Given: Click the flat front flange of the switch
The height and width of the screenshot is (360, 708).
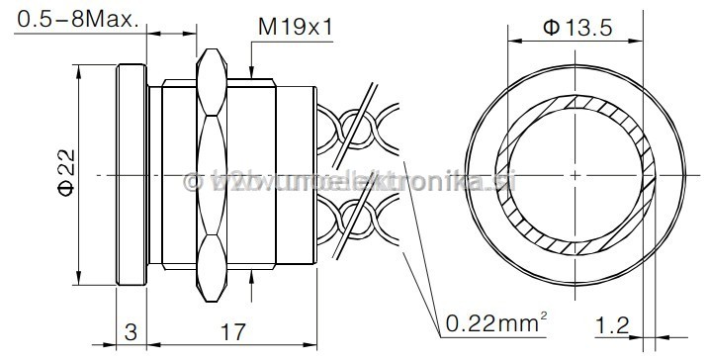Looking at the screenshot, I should pyautogui.click(x=133, y=175).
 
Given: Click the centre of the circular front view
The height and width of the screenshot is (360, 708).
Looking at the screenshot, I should pyautogui.click(x=575, y=176).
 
